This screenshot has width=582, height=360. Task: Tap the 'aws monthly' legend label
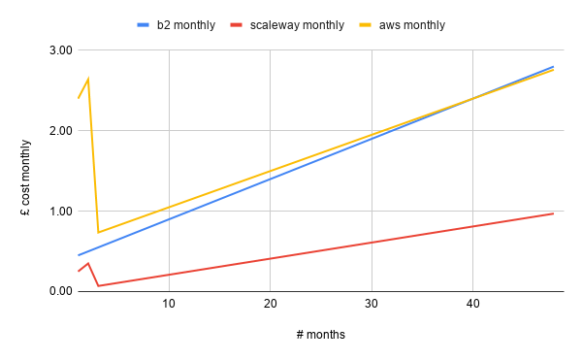click(x=411, y=25)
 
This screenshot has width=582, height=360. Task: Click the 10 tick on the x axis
click(x=169, y=305)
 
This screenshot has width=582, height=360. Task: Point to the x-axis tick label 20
click(x=270, y=305)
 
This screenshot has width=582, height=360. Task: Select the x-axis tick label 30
click(x=372, y=305)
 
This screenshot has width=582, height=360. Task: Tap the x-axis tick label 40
click(x=472, y=305)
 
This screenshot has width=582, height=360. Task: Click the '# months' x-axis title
click(x=320, y=335)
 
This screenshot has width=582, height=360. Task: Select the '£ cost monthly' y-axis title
click(x=26, y=171)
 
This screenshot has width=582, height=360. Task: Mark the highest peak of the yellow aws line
click(x=88, y=79)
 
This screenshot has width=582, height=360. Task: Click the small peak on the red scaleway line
click(x=88, y=263)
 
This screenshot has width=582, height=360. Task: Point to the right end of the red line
click(x=553, y=213)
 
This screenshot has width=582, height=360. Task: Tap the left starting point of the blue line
click(x=79, y=255)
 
